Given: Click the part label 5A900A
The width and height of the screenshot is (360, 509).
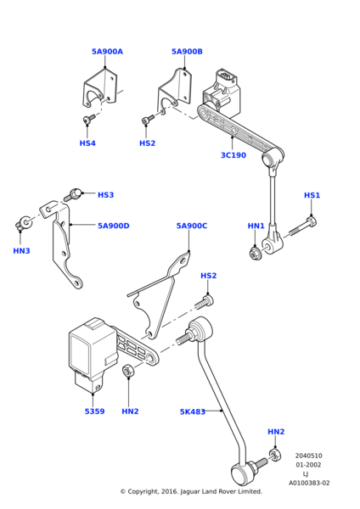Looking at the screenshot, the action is click(x=107, y=52).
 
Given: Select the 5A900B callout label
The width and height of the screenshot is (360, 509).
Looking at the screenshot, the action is click(x=187, y=52).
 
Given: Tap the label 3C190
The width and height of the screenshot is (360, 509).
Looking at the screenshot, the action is click(x=233, y=155).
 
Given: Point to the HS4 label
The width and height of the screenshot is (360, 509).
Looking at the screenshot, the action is click(x=87, y=143).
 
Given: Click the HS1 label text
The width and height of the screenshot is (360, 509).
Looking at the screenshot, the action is click(x=312, y=195).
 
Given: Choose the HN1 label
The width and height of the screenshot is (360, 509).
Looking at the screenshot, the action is click(x=256, y=226).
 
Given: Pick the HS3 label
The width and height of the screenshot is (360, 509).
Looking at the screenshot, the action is click(x=105, y=195).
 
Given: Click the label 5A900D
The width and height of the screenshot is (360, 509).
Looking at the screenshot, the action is click(x=114, y=226).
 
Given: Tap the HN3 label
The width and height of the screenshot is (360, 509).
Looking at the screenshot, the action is click(x=21, y=250).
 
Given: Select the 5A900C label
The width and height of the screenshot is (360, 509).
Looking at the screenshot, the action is click(x=192, y=226).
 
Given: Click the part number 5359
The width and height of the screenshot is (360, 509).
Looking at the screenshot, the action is click(x=94, y=411).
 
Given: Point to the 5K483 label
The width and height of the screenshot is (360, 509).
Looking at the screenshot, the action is click(x=193, y=411).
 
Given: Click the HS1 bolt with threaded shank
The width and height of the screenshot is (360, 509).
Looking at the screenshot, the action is click(x=303, y=227).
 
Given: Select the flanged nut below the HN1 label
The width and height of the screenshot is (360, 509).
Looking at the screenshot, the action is click(x=256, y=254).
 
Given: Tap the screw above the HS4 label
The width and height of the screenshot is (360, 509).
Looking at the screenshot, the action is click(x=88, y=119).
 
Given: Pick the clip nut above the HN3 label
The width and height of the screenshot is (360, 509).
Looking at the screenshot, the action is click(x=22, y=222).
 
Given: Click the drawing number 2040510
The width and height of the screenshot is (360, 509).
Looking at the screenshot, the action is click(x=309, y=456).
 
